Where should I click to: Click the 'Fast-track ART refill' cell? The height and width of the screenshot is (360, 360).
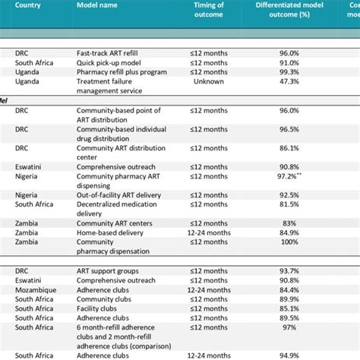(109, 52)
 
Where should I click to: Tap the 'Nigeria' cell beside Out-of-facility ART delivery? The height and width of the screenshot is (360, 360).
(27, 195)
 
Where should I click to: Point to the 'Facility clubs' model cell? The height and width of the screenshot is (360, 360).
(98, 309)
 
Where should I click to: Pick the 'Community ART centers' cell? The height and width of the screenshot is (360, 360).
(115, 223)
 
